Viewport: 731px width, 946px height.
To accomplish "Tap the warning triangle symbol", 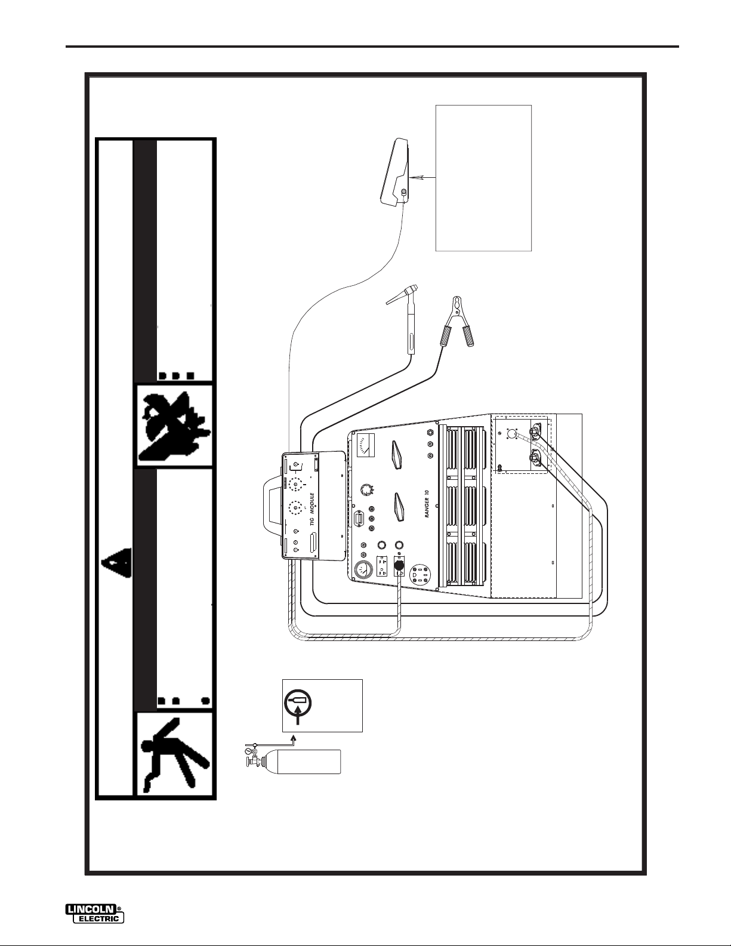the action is (x=115, y=561).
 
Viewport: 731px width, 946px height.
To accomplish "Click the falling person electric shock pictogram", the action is (x=174, y=753).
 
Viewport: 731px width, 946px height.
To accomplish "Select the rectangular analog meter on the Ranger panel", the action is (x=366, y=445).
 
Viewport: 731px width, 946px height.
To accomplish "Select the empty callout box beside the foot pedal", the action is (x=483, y=178).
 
